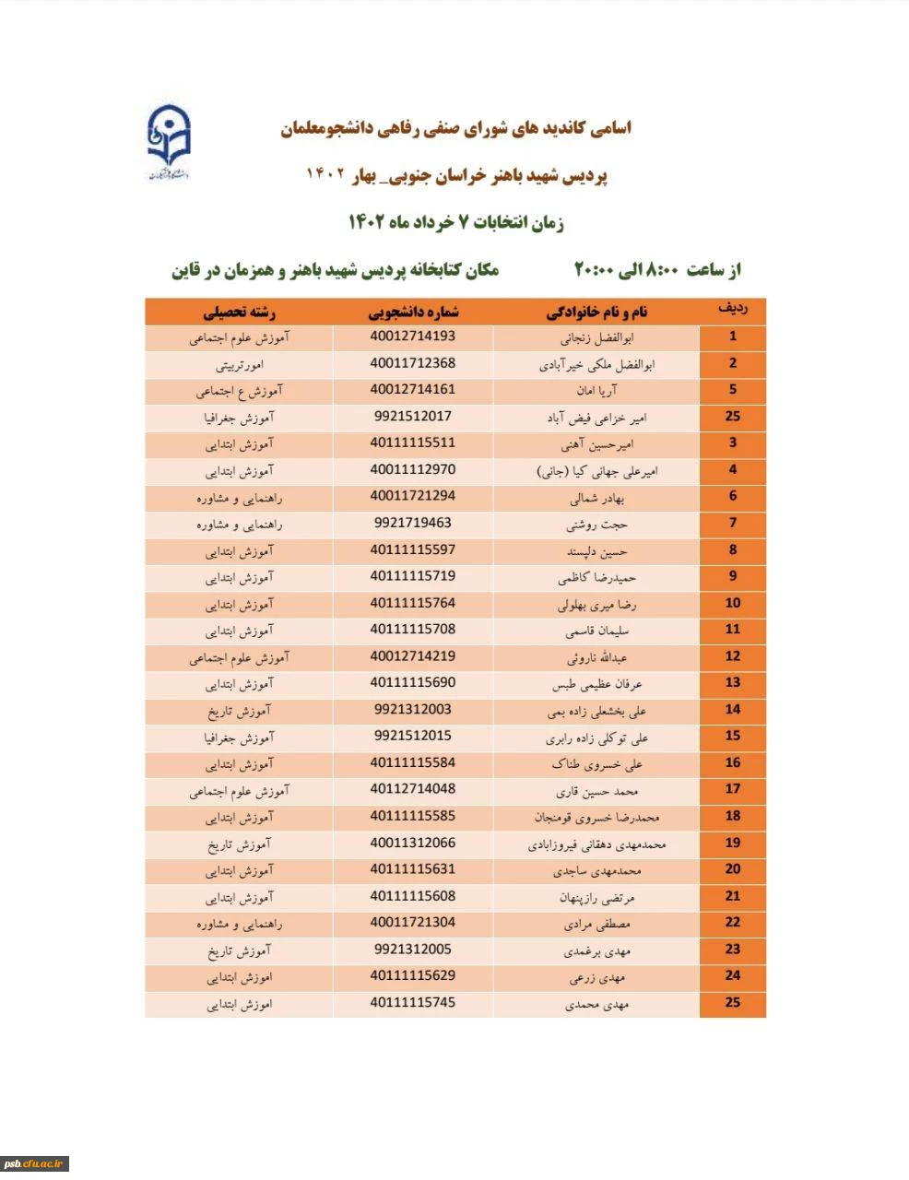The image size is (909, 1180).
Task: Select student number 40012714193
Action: click(x=412, y=336)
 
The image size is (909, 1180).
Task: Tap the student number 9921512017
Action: click(x=412, y=417)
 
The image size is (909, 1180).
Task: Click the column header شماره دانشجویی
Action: click(x=413, y=312)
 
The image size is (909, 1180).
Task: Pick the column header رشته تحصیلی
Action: click(x=240, y=312)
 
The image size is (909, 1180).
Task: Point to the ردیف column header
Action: click(x=732, y=310)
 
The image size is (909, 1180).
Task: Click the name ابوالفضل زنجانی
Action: click(x=596, y=337)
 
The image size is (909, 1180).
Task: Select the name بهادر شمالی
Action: click(x=596, y=498)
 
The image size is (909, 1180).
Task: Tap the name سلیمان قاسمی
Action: click(x=596, y=631)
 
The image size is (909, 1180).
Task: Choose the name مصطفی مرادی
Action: click(x=596, y=924)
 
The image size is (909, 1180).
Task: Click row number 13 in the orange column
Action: click(x=732, y=683)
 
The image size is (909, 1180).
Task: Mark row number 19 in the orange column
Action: click(x=732, y=843)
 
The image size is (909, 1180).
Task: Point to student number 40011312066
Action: click(x=412, y=843)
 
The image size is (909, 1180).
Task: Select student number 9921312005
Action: click(x=412, y=950)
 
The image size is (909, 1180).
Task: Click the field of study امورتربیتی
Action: click(x=239, y=364)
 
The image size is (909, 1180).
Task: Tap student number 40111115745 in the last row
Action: click(x=412, y=1002)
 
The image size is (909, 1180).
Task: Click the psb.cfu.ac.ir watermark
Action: click(x=34, y=1163)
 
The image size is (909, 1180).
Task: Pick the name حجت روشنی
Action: click(x=596, y=525)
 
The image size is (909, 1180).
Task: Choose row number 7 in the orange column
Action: click(x=732, y=523)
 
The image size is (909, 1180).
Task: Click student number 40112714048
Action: click(x=412, y=789)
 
